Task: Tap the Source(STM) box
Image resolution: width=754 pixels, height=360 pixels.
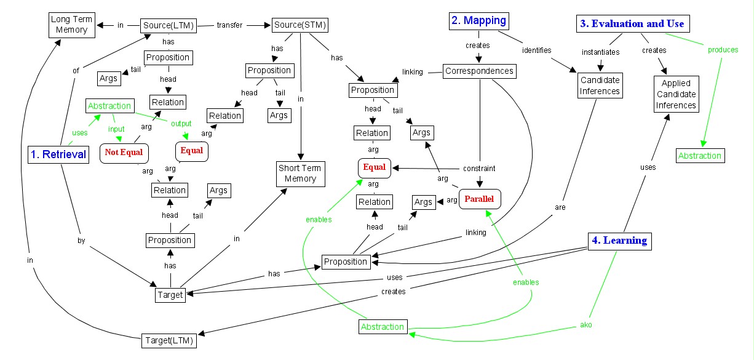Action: click(x=300, y=25)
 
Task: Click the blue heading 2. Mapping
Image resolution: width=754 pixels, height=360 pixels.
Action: click(x=478, y=20)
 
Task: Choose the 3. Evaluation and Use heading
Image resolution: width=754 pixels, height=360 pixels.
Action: click(x=631, y=24)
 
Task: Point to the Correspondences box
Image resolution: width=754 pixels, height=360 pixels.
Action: click(x=479, y=71)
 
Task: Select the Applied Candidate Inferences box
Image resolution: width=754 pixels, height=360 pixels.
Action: click(x=676, y=94)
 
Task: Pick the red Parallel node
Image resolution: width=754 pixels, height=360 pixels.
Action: click(x=479, y=199)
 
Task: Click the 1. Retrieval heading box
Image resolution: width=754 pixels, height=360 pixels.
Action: click(x=58, y=154)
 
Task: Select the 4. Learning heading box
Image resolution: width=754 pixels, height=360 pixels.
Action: click(x=618, y=241)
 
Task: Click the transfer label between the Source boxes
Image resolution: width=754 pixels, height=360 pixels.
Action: click(x=229, y=25)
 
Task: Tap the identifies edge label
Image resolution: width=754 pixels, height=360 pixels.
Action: click(x=537, y=50)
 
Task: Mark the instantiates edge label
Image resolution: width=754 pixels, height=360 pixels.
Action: click(x=600, y=52)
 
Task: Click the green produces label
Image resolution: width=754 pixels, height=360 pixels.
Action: click(x=723, y=50)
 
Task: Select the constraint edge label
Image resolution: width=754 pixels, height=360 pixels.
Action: click(x=480, y=168)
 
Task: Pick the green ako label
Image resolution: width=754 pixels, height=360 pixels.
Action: click(x=585, y=324)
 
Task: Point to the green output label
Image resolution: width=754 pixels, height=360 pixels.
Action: click(x=181, y=123)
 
